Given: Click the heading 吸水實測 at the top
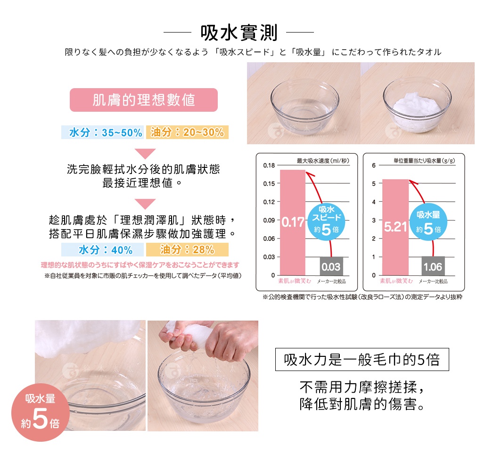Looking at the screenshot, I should point(239,33).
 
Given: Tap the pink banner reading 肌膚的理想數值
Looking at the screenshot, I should point(144,100).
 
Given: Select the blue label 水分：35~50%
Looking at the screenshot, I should point(102,132).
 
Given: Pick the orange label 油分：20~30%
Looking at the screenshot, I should point(187,132).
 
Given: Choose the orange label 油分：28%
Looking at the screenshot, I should point(187,249).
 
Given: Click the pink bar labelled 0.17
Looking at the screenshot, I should point(293,222).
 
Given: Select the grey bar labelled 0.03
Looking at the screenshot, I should point(331,267).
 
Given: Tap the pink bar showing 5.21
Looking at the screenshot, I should point(395,227).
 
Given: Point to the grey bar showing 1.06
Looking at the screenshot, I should point(432,266).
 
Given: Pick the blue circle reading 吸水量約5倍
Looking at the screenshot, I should point(428,222).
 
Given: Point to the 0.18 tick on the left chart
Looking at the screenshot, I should point(269,165).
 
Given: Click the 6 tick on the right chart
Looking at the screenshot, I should point(373,165).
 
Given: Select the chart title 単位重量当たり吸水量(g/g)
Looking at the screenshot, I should point(424,161).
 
